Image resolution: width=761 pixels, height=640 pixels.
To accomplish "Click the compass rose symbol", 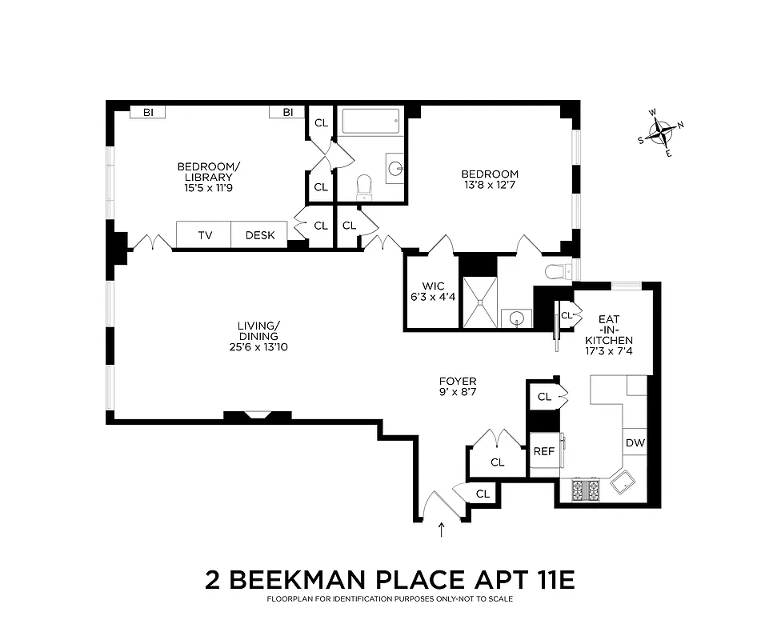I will (661, 132).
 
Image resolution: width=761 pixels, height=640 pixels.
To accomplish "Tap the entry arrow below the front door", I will (441, 530).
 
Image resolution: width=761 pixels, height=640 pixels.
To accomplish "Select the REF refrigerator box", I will (543, 451).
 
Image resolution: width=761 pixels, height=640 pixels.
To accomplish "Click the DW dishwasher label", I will (635, 443).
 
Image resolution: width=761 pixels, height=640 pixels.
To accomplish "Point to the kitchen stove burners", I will (586, 490).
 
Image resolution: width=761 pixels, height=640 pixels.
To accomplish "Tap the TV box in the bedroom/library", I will (205, 235).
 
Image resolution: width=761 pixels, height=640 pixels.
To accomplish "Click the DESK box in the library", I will (259, 235).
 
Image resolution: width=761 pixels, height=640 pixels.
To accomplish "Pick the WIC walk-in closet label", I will (433, 286).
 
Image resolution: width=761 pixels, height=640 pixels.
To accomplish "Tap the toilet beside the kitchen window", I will (557, 272).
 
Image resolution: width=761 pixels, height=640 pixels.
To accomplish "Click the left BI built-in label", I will (148, 113).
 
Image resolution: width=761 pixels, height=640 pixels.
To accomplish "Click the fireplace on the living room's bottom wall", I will (257, 416).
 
